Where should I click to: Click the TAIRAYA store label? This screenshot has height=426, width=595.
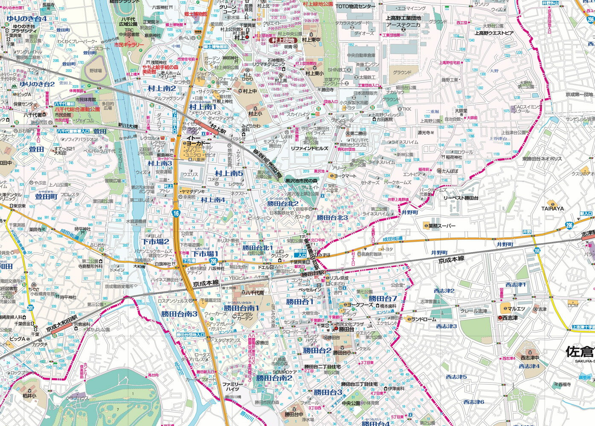pos(553,208)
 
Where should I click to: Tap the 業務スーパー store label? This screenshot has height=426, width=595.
pos(442,226)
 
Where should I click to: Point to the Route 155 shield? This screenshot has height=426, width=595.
pos(537,250)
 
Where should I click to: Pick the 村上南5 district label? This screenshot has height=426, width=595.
pos(229,173)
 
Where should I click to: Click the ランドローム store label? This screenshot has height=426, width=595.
pos(424,319)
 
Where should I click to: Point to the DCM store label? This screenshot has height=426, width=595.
pos(572,305)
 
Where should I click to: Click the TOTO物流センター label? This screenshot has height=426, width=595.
pos(355,6)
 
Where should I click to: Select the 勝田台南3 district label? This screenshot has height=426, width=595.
pos(179,314)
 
